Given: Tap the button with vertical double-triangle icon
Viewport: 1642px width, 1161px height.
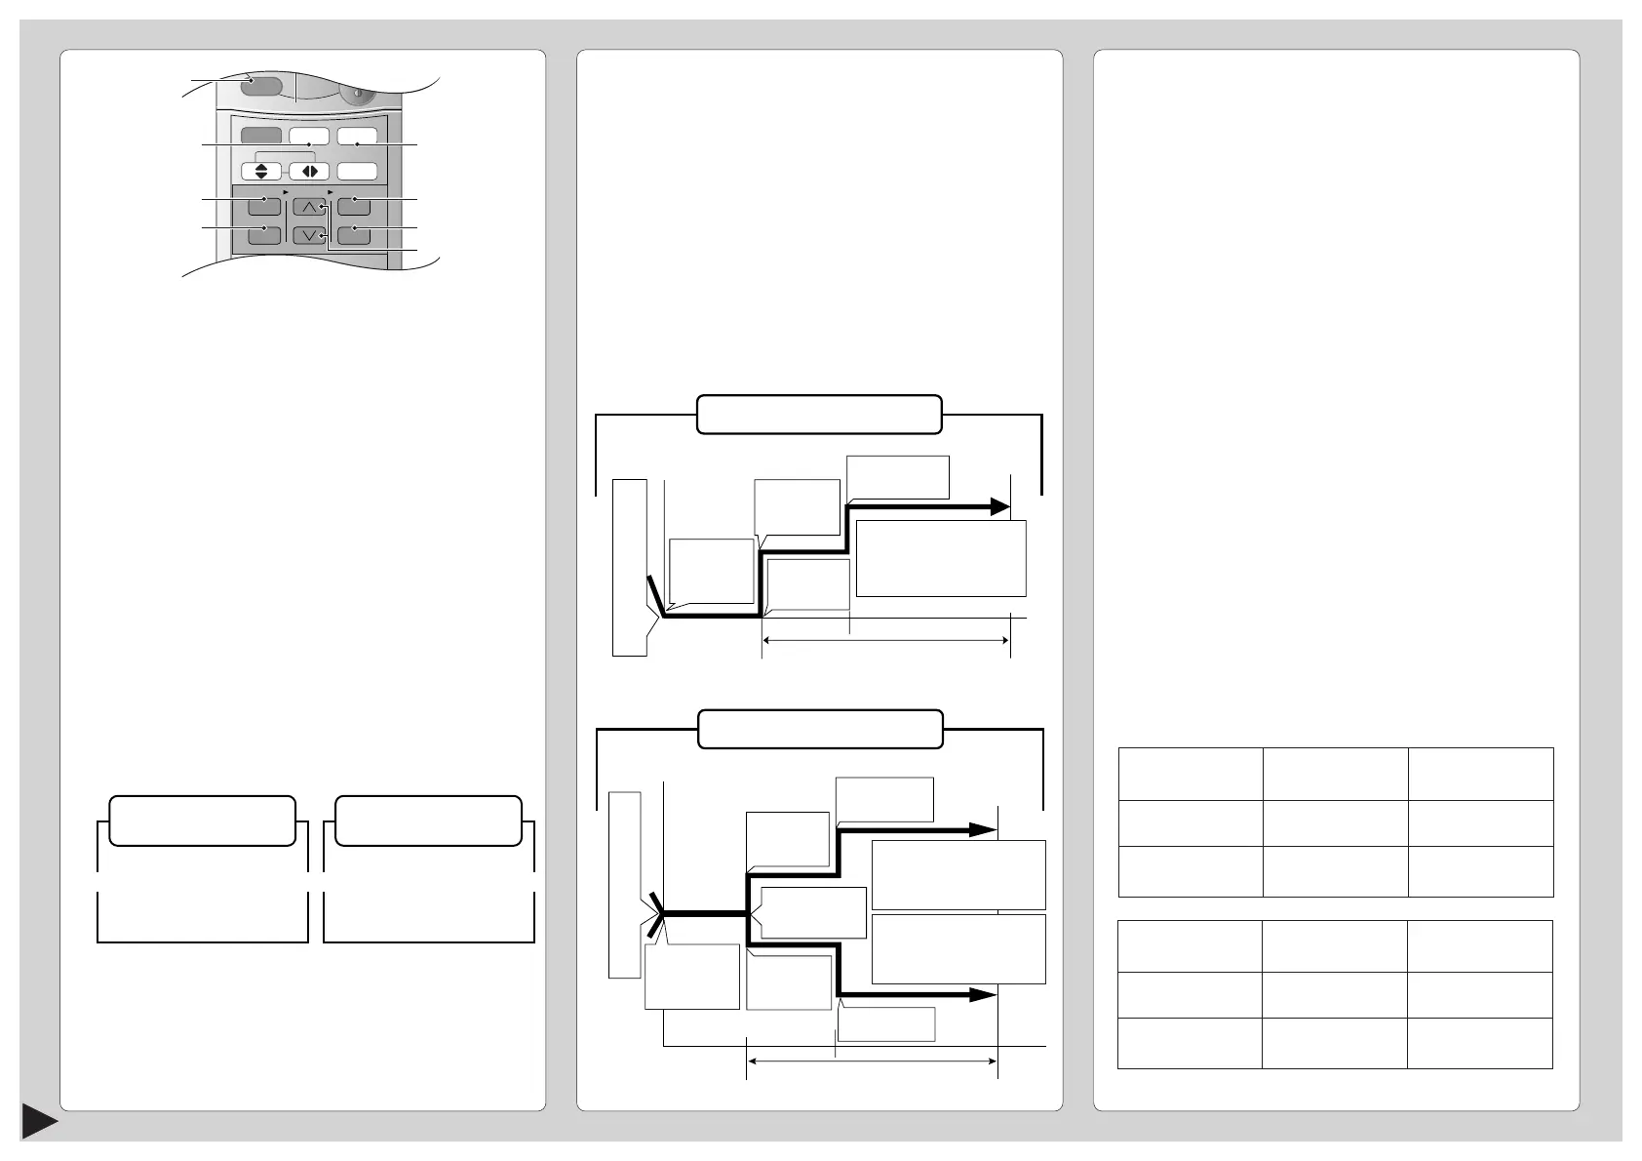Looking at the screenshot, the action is tap(260, 171).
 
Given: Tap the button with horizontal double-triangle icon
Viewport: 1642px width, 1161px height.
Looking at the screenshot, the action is tap(309, 171).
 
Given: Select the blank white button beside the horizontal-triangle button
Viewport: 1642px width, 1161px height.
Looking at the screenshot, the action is tap(358, 171).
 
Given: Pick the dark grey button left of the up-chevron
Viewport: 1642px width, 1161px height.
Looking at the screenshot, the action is tap(264, 206).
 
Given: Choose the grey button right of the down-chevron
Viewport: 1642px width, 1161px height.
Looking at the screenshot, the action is tap(354, 234).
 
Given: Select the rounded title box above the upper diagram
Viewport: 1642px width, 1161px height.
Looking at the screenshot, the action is tap(819, 414).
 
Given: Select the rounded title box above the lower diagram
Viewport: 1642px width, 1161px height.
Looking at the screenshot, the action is tap(821, 729).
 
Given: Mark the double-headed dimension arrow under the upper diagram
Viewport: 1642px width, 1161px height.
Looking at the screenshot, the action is tap(885, 640).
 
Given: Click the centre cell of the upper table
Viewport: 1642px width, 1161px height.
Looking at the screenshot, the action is tap(1335, 822).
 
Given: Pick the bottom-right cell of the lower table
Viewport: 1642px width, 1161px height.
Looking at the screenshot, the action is tap(1479, 1043).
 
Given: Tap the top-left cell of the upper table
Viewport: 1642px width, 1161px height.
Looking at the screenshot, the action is tap(1191, 774).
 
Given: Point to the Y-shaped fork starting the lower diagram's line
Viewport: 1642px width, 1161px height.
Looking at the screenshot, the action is tap(659, 913).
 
